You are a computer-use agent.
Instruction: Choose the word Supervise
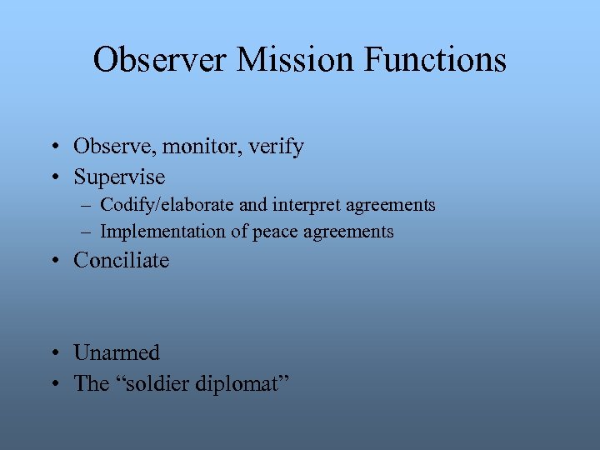(119, 177)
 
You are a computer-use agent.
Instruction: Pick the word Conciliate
(121, 261)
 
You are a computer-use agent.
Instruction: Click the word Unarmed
(117, 352)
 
